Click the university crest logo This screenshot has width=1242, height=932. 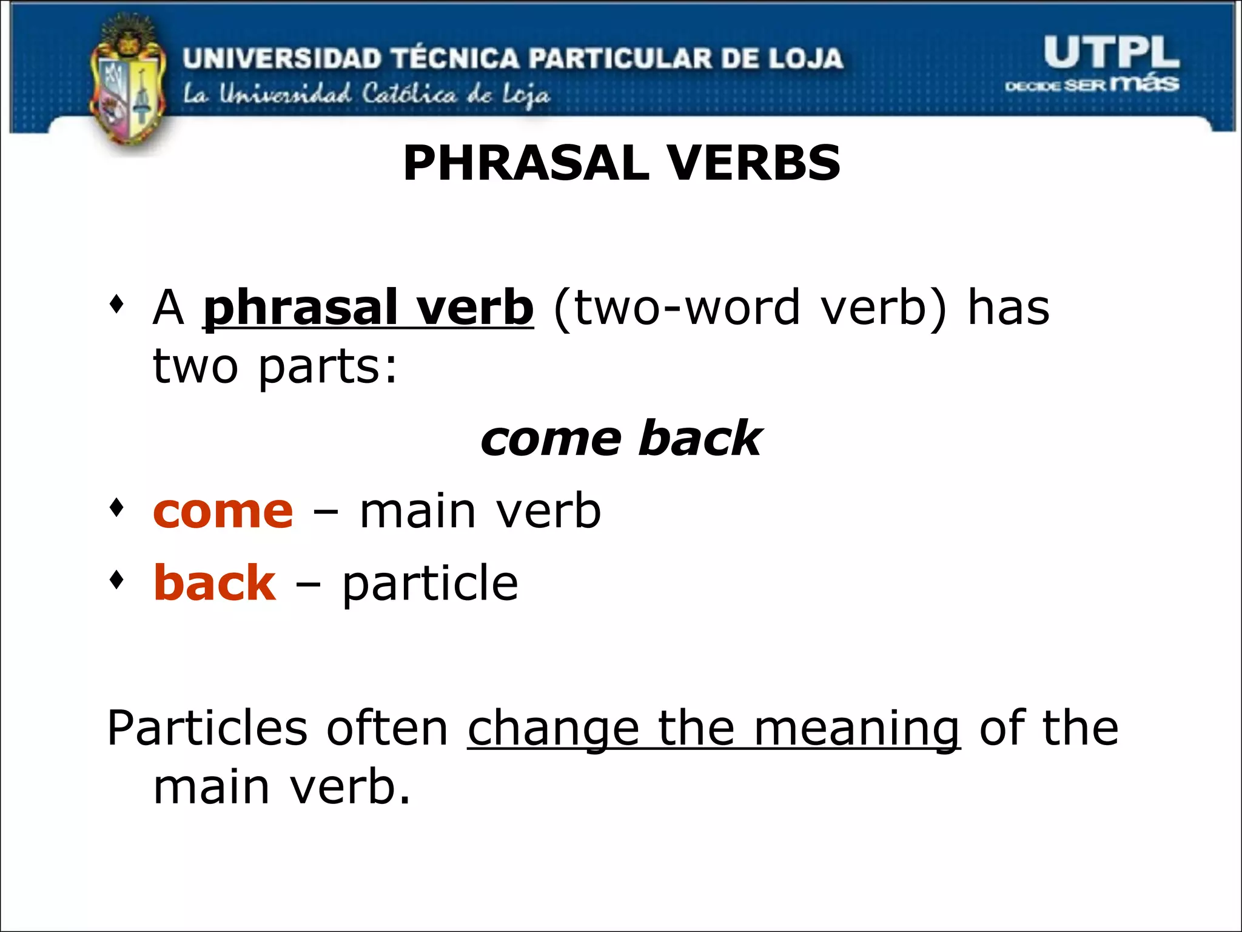(127, 85)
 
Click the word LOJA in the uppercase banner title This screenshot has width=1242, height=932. (807, 58)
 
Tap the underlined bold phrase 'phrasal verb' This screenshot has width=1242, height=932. (368, 308)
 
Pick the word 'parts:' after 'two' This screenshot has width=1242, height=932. (328, 367)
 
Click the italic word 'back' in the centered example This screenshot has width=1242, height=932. (700, 439)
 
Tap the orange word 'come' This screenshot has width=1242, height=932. (223, 512)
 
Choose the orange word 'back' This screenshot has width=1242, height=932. (215, 583)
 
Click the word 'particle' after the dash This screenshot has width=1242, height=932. (430, 583)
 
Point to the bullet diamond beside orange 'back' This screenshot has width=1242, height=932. (116, 580)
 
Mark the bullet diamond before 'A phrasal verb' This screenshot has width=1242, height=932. (116, 303)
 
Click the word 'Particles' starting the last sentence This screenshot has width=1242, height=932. (207, 728)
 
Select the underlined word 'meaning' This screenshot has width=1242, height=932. (856, 728)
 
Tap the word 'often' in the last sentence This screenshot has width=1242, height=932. (387, 728)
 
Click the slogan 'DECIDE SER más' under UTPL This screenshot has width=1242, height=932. (1092, 84)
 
